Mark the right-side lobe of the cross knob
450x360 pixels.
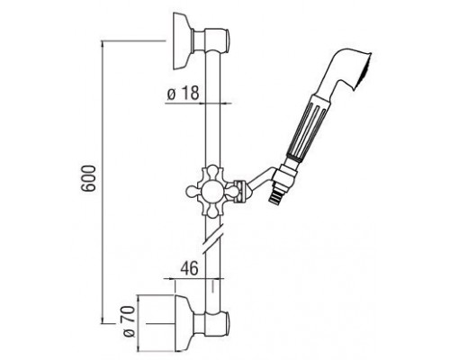pyautogui.click(x=239, y=190)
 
